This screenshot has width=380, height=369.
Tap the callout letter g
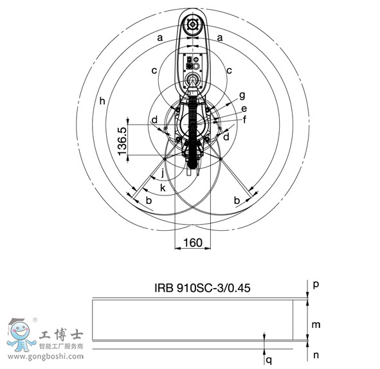[242, 95]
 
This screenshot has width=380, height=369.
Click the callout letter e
[244, 109]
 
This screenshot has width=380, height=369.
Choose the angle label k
[163, 187]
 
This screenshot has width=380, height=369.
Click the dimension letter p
[316, 283]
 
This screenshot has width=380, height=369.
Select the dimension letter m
[316, 325]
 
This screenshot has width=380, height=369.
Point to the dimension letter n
[316, 354]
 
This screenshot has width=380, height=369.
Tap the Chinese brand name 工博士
[60, 335]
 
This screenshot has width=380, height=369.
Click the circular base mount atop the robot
[192, 26]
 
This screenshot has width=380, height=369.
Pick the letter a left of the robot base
[159, 38]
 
